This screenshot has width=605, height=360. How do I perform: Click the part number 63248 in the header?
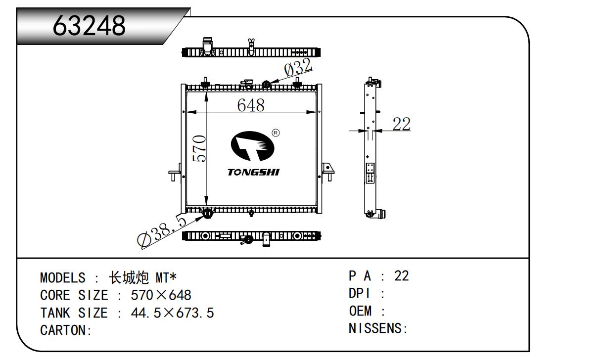[90, 26]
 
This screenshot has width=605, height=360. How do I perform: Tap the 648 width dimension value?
[251, 105]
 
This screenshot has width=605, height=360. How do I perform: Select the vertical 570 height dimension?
[199, 148]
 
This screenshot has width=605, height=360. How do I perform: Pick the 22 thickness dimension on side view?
[401, 124]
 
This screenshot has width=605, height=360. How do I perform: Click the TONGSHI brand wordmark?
[253, 172]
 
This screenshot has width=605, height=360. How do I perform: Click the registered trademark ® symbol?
[276, 133]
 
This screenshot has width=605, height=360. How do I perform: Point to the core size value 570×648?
[161, 295]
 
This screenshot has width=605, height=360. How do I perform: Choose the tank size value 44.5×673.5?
[172, 313]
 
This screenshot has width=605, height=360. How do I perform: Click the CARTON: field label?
[66, 330]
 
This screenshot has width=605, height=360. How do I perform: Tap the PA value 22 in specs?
[402, 276]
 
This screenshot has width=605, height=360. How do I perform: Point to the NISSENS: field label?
[378, 328]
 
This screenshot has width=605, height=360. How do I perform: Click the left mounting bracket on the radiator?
[175, 174]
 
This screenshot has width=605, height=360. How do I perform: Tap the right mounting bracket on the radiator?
[327, 171]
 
